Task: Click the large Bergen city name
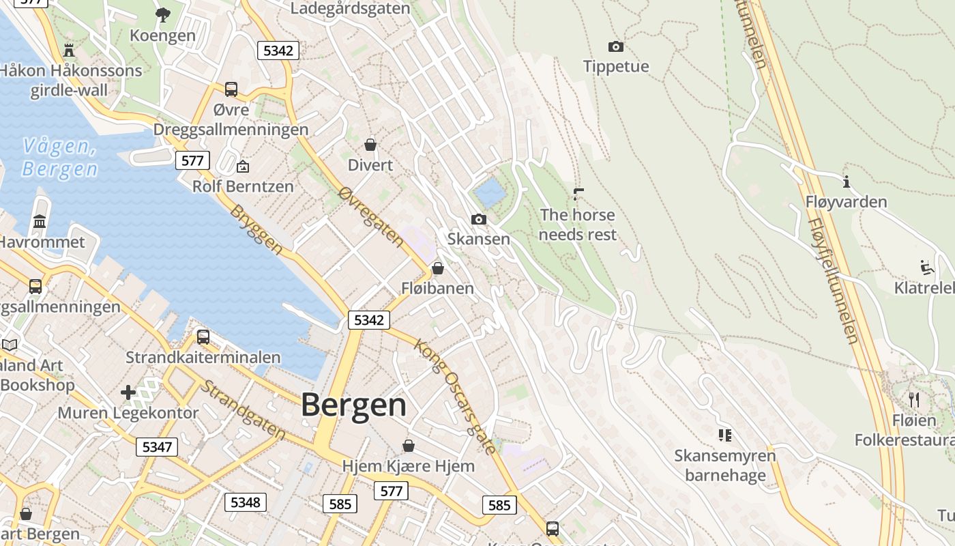click(353, 405)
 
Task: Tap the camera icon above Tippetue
click(615, 46)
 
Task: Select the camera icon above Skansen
click(479, 219)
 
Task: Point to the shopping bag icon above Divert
click(370, 145)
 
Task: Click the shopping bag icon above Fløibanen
click(438, 268)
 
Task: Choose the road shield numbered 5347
click(157, 447)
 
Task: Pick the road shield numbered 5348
click(245, 502)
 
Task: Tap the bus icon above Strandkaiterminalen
click(203, 336)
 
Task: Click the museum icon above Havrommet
click(40, 222)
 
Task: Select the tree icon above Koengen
click(162, 14)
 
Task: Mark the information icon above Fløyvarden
click(846, 182)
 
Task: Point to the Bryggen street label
click(256, 229)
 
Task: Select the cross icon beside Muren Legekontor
click(128, 392)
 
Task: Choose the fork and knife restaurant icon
click(914, 399)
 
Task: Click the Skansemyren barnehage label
click(724, 465)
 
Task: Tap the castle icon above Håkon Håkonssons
click(68, 50)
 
